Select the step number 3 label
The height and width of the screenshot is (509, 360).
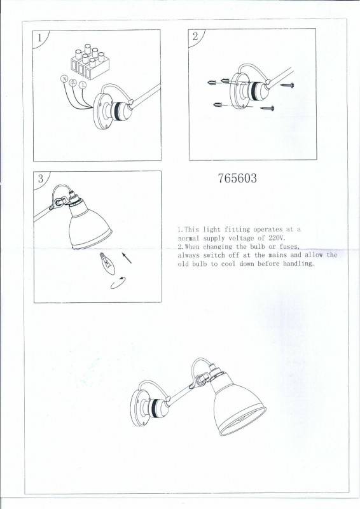tap(40, 179)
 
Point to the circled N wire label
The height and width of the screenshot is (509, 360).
tap(64, 79)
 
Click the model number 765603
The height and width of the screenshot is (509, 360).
tap(237, 179)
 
